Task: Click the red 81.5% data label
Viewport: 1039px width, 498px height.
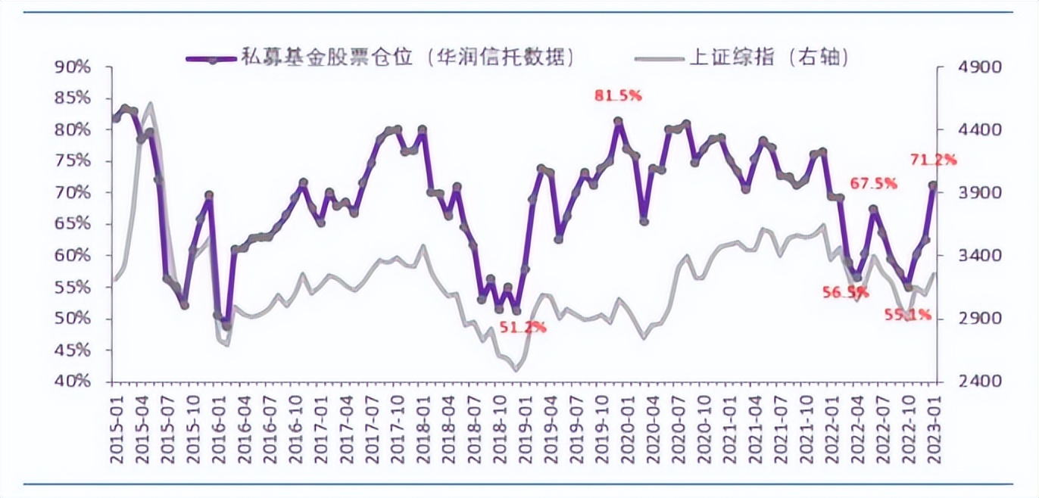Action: [619, 96]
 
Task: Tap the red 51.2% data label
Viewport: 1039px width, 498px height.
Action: [521, 327]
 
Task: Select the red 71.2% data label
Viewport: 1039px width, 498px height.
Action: [933, 160]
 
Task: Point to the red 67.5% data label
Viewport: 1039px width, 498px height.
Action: [874, 183]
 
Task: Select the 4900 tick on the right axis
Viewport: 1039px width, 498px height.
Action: [962, 67]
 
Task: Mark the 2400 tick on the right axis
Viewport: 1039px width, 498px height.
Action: [962, 381]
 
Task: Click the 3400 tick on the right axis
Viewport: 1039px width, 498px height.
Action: [962, 256]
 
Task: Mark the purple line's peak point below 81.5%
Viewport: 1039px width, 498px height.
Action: [618, 121]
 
